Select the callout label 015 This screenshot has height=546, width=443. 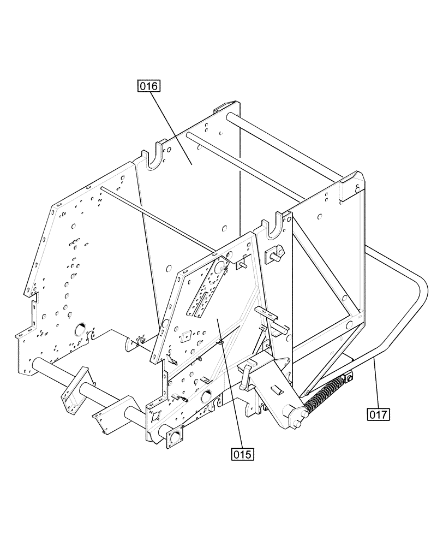pos(243,453)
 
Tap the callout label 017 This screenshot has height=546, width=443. pos(378,414)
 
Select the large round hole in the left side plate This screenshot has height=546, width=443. pos(79,328)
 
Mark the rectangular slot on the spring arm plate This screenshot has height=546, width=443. pos(278,390)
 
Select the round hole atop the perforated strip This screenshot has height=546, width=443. pos(220,266)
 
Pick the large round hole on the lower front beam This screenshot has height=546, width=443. pos(207,395)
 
